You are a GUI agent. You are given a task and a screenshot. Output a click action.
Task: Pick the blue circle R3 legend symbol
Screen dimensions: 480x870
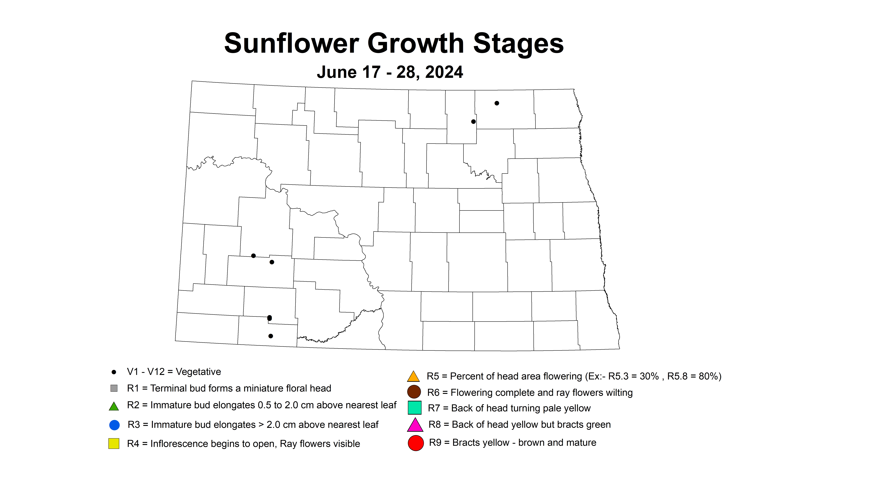[115, 425]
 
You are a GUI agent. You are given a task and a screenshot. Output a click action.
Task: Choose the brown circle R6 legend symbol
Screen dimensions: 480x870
[414, 392]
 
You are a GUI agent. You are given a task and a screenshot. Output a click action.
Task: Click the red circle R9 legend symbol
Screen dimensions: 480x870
[416, 443]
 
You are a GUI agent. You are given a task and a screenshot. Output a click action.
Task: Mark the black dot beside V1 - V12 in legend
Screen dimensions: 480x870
[114, 372]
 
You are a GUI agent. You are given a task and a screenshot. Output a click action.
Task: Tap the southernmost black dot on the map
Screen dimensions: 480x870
[270, 336]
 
